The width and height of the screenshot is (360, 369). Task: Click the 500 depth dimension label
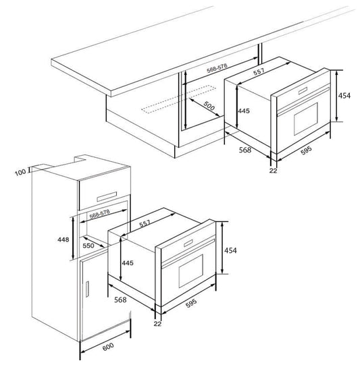click(x=209, y=106)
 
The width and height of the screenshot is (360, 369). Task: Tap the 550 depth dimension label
click(x=88, y=246)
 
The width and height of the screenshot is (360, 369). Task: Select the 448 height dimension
click(x=63, y=239)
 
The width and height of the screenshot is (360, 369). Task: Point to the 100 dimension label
click(x=20, y=172)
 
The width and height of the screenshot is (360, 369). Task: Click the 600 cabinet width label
click(x=108, y=347)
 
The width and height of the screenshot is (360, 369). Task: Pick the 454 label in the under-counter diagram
click(x=344, y=96)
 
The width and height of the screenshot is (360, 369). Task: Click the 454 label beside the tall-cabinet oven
click(x=230, y=250)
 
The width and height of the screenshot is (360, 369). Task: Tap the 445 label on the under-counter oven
click(x=244, y=111)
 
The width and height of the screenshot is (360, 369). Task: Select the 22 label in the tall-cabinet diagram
click(x=157, y=324)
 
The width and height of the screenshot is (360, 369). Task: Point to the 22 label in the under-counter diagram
click(x=273, y=171)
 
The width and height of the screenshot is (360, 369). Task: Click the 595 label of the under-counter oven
click(x=306, y=150)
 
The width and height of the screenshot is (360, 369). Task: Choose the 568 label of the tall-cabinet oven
click(x=120, y=300)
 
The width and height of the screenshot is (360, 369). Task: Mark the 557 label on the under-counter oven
click(x=259, y=72)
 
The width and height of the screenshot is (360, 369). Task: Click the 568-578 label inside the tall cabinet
click(x=99, y=214)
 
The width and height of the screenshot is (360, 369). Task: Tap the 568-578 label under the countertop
click(x=217, y=67)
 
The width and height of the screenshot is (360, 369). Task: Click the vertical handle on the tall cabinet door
click(x=87, y=289)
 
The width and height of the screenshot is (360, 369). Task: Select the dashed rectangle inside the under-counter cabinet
click(x=178, y=99)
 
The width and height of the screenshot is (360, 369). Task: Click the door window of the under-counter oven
click(x=306, y=119)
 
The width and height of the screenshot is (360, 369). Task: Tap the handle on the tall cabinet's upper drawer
click(x=107, y=197)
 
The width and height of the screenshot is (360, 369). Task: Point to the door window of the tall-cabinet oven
click(x=191, y=271)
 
